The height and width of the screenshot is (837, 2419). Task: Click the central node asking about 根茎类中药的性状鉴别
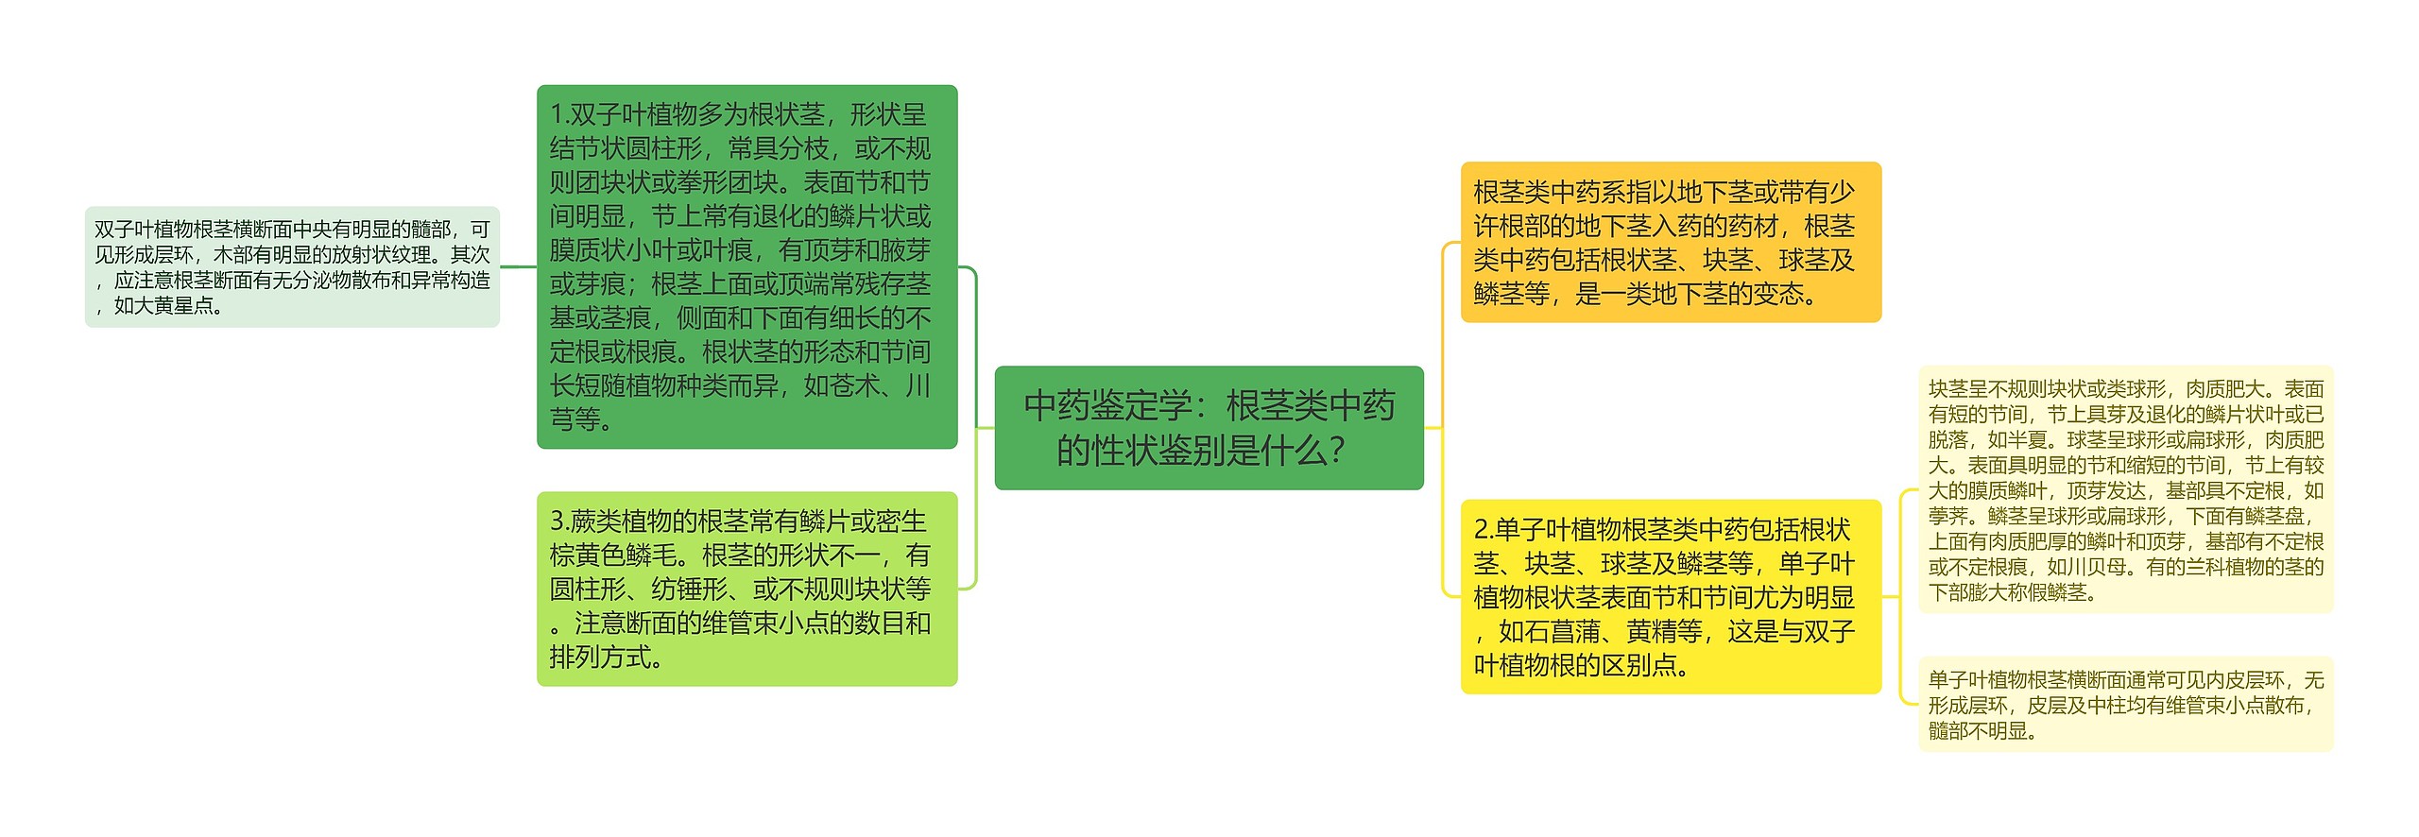1209,427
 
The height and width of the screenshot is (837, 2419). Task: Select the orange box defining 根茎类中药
1670,242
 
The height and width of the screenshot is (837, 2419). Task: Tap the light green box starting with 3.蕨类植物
746,588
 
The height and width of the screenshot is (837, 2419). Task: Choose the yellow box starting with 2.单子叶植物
1670,596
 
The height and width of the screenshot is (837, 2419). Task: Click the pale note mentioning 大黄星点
292,266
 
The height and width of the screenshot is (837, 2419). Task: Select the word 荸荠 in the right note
1947,516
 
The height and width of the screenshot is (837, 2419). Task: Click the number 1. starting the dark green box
559,115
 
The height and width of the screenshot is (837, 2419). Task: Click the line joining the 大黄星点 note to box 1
518,266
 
